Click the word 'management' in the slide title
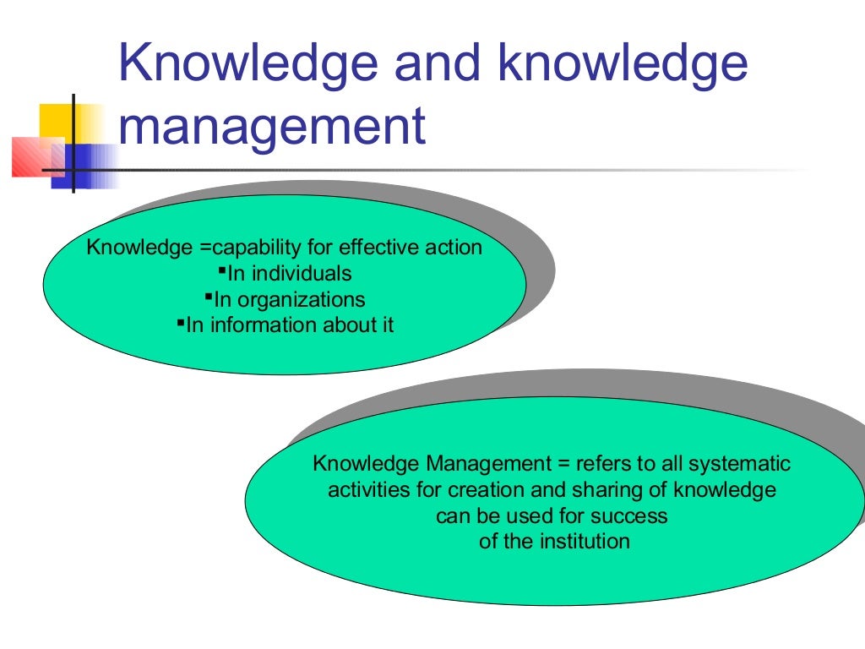click(272, 128)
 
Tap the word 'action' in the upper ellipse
click(454, 248)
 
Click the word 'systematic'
click(740, 464)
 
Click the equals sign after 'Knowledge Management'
click(562, 465)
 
